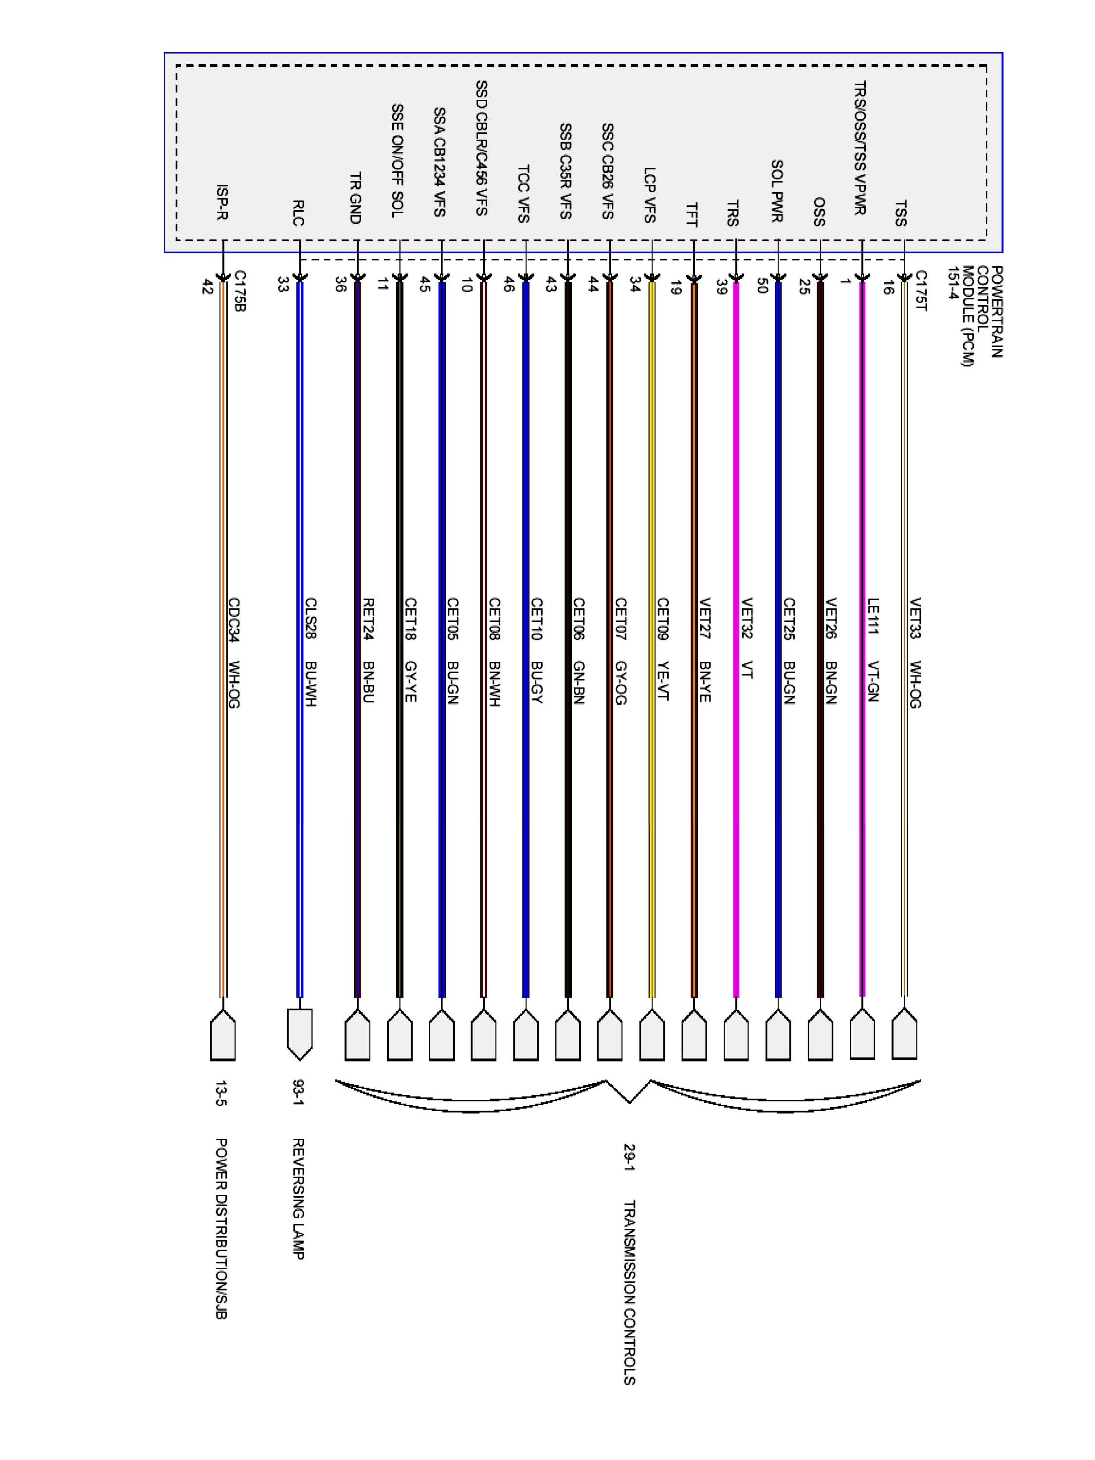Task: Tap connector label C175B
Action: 239,291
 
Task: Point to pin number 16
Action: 888,287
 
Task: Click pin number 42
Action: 207,287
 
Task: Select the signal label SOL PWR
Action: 777,191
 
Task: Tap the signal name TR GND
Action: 355,198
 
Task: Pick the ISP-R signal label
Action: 222,202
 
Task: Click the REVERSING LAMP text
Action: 298,1199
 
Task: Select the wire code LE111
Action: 873,616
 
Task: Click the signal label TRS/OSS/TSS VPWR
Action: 860,148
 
